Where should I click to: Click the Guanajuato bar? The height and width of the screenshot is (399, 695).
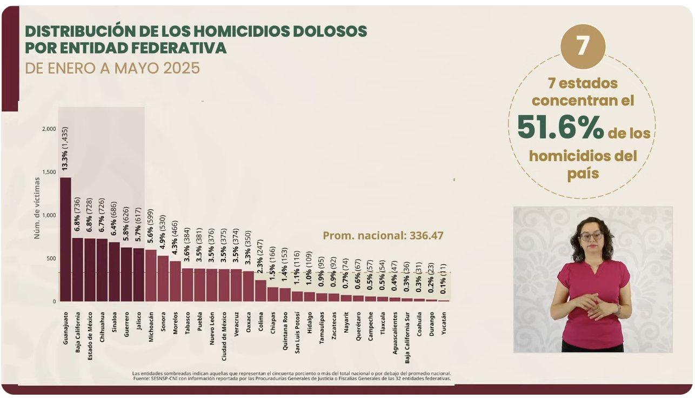tap(65, 239)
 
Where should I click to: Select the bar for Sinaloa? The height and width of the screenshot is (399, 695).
tap(114, 271)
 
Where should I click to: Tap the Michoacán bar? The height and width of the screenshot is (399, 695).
tap(151, 275)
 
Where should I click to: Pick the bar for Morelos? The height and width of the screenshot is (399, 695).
tap(175, 281)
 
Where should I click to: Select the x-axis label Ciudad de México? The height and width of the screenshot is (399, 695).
tap(224, 331)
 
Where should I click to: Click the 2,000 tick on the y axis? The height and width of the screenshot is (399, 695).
tap(48, 129)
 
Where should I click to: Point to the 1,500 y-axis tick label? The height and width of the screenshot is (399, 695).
tap(48, 172)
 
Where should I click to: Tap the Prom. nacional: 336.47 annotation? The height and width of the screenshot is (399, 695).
tap(383, 236)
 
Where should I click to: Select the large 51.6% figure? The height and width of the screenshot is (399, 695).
tap(560, 128)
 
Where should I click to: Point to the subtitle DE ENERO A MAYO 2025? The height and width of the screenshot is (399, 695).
tap(112, 69)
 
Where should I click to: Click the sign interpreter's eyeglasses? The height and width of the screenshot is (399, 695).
tap(591, 236)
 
